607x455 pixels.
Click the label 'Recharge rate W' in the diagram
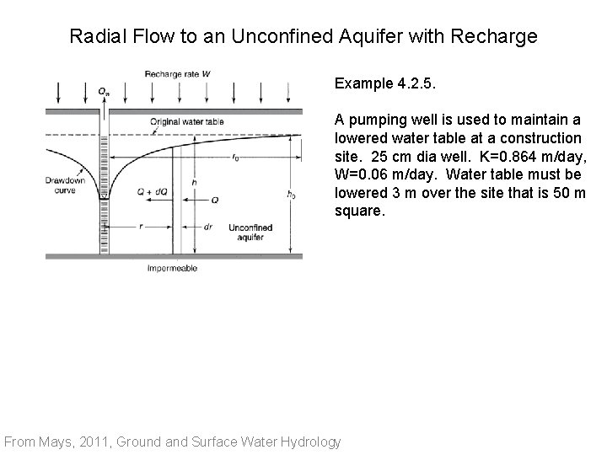pos(177,73)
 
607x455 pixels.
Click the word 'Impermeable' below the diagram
pos(172,269)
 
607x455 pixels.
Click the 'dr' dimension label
pos(208,227)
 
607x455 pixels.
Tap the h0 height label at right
pos(291,195)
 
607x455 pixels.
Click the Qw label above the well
pos(103,90)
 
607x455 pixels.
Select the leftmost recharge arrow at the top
pos(56,89)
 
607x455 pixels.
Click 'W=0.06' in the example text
pos(367,176)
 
